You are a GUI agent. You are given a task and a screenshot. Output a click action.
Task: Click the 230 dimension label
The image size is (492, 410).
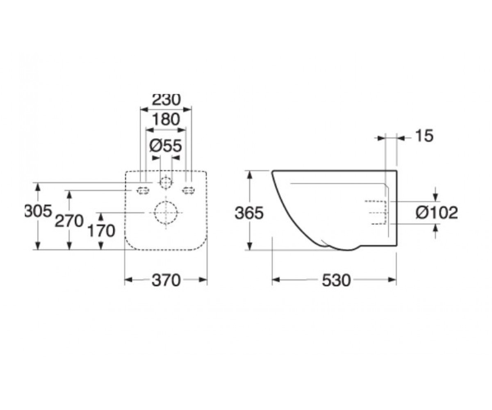(x=166, y=100)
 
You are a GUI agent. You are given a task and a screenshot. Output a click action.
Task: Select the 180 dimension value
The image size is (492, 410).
(x=166, y=119)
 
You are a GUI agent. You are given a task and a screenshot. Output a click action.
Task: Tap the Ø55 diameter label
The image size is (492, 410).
(x=166, y=146)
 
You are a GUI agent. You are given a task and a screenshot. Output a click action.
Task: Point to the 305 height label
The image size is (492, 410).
(x=38, y=211)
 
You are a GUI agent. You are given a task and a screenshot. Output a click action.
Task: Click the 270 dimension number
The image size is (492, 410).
(x=69, y=221)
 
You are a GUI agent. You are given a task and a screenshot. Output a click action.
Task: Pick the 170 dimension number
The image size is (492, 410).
(x=101, y=230)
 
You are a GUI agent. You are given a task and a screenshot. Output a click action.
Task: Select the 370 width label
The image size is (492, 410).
(x=166, y=280)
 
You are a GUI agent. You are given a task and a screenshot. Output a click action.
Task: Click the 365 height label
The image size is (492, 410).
(x=249, y=213)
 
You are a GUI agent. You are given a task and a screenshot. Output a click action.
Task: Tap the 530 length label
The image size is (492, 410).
(x=336, y=280)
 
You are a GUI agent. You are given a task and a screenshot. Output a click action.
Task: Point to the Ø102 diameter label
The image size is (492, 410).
(x=437, y=212)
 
